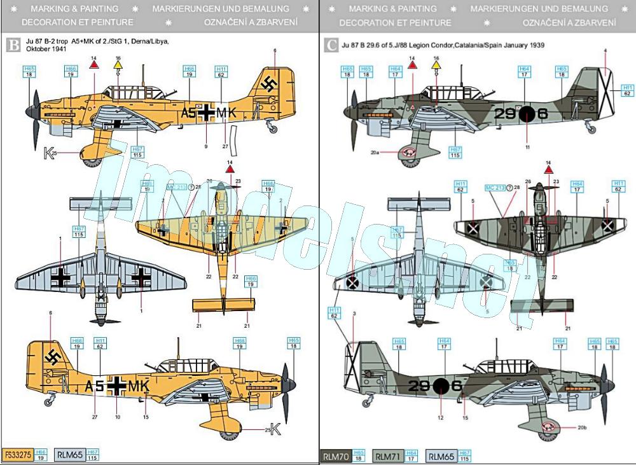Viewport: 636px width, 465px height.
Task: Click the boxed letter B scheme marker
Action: point(12,46)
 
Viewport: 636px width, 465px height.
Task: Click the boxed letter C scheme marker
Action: point(331,46)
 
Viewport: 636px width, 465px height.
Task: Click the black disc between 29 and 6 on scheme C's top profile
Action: point(527,114)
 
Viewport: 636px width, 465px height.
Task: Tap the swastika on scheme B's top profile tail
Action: point(270,85)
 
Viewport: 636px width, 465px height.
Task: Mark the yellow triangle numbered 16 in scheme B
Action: point(117,66)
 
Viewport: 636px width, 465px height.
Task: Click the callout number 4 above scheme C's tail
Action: point(605,50)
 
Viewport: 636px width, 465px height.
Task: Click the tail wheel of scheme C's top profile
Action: point(592,129)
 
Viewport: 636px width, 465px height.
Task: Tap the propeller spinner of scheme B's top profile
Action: point(29,111)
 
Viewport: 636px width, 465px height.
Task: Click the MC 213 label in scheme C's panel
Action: point(496,188)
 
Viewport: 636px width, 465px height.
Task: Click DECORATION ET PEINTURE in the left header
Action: point(77,22)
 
